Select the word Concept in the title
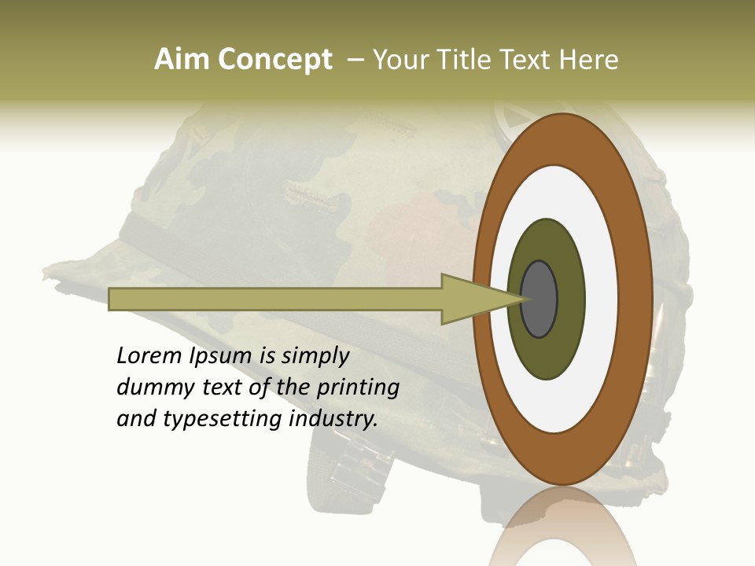tap(274, 61)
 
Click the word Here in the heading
tap(589, 60)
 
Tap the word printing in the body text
tap(357, 388)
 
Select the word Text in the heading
tap(524, 60)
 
